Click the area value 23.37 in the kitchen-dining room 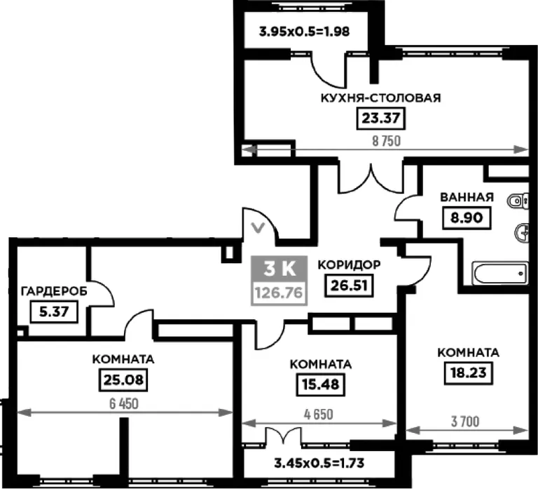click(381, 119)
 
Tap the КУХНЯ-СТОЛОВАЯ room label click(381, 98)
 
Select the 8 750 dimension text click(387, 141)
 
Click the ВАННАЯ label click(467, 197)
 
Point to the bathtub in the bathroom click(500, 274)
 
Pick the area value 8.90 click(467, 218)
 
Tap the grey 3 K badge click(280, 269)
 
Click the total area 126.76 click(280, 293)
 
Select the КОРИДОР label click(349, 265)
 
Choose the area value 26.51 click(349, 286)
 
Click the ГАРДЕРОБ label click(54, 291)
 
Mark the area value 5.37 click(54, 312)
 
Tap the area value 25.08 click(123, 380)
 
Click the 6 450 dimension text click(124, 404)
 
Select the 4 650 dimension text click(319, 415)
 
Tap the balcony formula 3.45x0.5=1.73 click(319, 463)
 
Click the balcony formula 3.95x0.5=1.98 click(304, 32)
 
